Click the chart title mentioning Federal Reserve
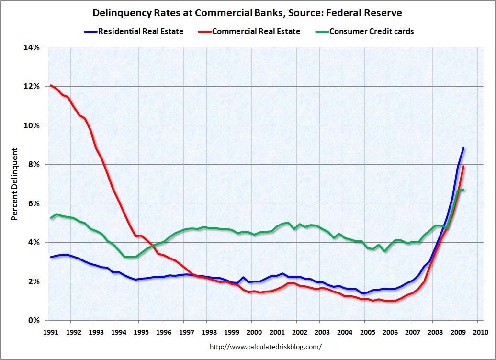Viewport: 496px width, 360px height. [x=248, y=13]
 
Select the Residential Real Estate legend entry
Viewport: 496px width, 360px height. [x=141, y=32]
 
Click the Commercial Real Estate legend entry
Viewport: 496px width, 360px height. [x=256, y=32]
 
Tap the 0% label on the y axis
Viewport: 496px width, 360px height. [x=35, y=320]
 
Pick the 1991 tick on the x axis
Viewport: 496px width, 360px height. [x=50, y=332]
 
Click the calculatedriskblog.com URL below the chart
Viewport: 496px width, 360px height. [x=266, y=346]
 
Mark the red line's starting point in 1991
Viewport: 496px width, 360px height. [x=51, y=85]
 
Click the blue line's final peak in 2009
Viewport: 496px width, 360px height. [x=463, y=148]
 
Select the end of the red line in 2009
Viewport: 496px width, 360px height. [x=463, y=167]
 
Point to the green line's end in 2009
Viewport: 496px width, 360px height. [x=463, y=190]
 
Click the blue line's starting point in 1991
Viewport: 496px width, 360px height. [x=51, y=257]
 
